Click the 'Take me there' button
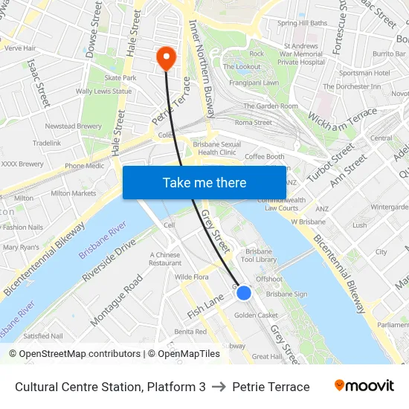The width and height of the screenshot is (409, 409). [204, 182]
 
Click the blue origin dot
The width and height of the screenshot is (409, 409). [244, 293]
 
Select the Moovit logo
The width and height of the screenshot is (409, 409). [364, 386]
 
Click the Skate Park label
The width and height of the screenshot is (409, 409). [120, 77]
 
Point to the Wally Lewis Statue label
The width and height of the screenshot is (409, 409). [103, 91]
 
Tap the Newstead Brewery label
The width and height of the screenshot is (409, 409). [73, 126]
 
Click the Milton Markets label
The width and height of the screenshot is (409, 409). [74, 193]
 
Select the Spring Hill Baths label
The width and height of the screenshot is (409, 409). [302, 23]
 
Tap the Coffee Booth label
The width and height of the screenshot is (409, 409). [265, 157]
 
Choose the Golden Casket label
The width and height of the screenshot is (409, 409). [256, 315]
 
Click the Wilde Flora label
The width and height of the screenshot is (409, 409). [191, 277]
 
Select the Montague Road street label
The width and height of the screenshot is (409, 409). [117, 300]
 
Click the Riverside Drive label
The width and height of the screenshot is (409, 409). [109, 260]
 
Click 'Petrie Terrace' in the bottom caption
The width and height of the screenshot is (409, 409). [271, 387]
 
